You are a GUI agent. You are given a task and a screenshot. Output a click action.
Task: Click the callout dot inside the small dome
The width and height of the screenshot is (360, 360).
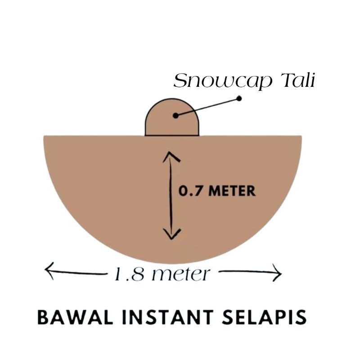pyautogui.click(x=175, y=115)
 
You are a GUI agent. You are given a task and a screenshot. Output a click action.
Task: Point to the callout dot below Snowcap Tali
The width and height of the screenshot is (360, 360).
pyautogui.click(x=239, y=98)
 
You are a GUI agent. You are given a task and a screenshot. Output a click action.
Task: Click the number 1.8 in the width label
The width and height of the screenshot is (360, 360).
pyautogui.click(x=127, y=273)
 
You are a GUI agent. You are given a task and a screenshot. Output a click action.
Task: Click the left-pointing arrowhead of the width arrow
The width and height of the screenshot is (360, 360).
pyautogui.click(x=49, y=271)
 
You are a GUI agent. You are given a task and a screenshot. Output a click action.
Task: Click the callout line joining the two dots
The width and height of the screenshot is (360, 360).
pyautogui.click(x=207, y=107)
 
